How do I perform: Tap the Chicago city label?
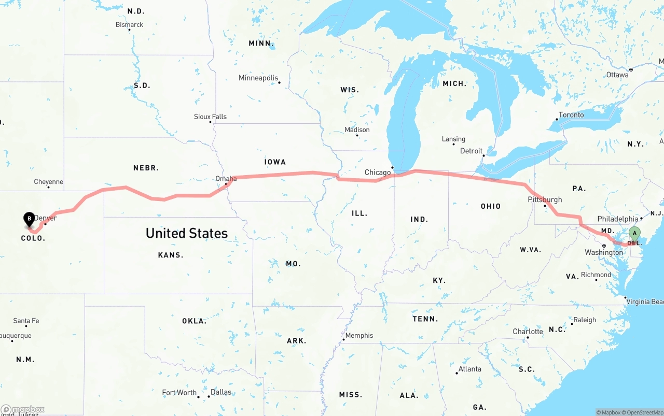coord(378,173)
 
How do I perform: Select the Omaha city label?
coord(226,179)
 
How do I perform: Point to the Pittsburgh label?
coord(545,199)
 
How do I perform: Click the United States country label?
coord(187,233)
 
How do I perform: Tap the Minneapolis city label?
coord(258,78)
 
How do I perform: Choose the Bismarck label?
coord(129,24)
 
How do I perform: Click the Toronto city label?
coord(571,114)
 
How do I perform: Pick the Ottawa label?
coord(617,75)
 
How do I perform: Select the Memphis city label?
coord(359,335)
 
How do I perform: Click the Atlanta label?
coord(470,369)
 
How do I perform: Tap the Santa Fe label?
coord(26,321)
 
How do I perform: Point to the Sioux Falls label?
coord(210,117)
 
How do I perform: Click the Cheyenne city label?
coord(48,182)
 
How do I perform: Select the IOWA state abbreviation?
coord(275,162)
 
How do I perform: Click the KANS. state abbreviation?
coord(171,255)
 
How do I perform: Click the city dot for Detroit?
coord(483,155)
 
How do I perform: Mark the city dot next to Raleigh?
coord(572,324)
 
